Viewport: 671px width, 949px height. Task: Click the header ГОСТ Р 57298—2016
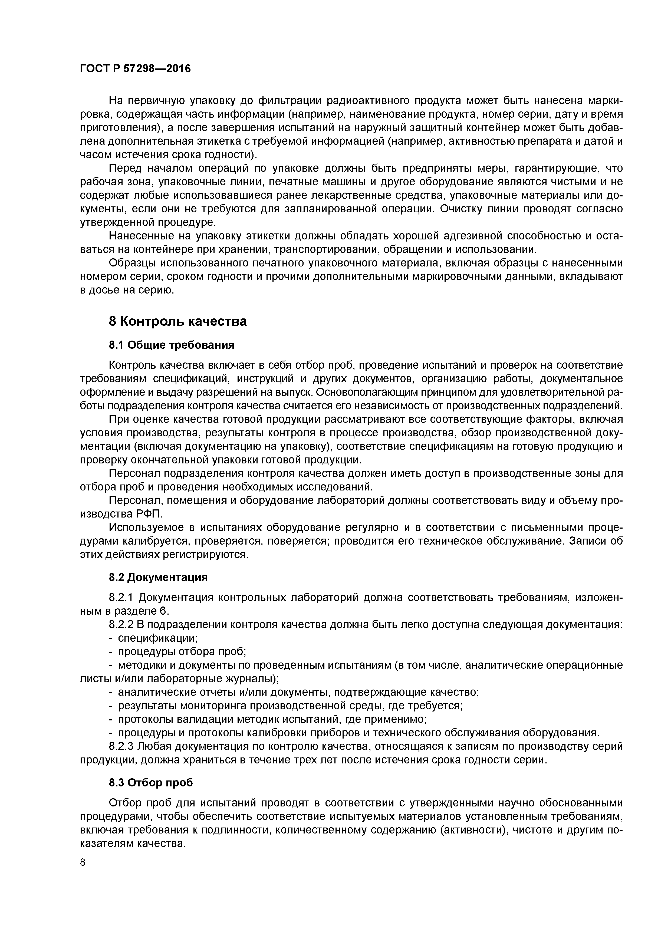[x=135, y=68]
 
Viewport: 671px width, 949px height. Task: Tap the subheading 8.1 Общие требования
[x=172, y=345]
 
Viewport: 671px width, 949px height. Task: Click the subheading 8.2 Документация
[x=158, y=577]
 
